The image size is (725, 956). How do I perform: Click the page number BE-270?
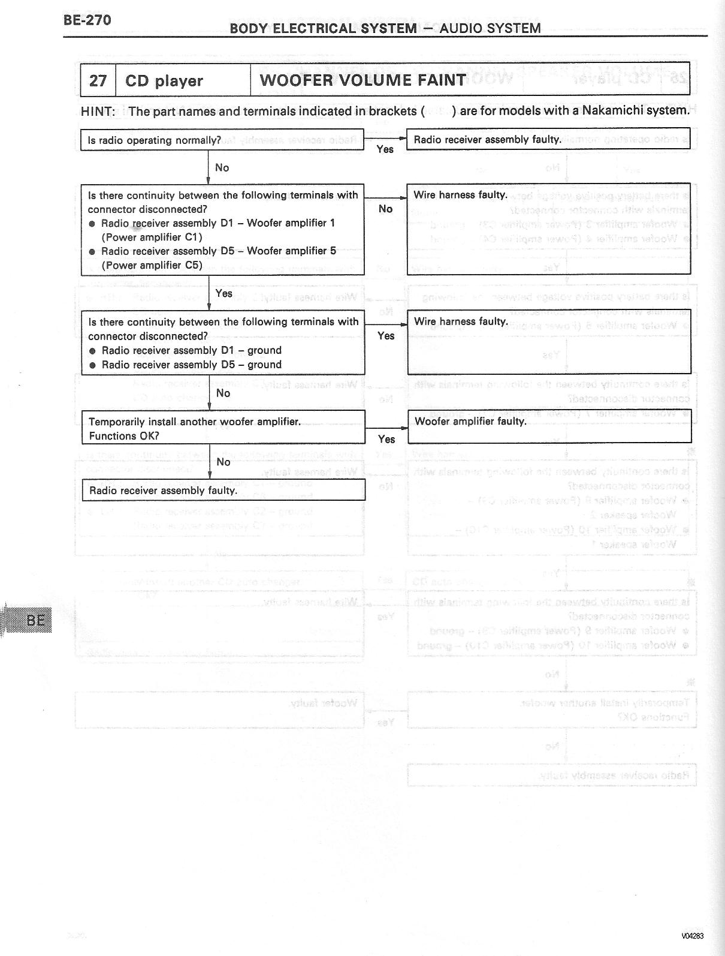pos(87,20)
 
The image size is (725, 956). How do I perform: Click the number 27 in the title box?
pos(98,80)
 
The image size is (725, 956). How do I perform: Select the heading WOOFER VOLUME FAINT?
pos(362,80)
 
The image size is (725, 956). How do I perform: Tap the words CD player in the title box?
pos(164,81)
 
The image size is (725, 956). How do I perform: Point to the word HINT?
pos(97,111)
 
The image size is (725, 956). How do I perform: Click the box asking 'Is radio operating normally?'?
pos(222,140)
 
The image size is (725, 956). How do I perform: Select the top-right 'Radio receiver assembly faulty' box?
pos(548,139)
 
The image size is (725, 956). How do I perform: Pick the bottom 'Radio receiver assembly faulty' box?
pos(223,490)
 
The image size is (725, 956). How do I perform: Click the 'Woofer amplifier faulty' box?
pos(549,426)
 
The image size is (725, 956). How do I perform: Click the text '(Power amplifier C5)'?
pos(152,265)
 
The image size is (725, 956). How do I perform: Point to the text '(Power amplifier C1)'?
pos(152,237)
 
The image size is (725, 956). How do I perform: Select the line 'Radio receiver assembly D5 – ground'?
pos(191,365)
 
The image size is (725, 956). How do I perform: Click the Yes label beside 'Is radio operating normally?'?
pos(385,149)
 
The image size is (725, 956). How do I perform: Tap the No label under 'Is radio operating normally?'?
pos(222,168)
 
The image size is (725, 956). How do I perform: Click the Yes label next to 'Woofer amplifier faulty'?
pos(386,439)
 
